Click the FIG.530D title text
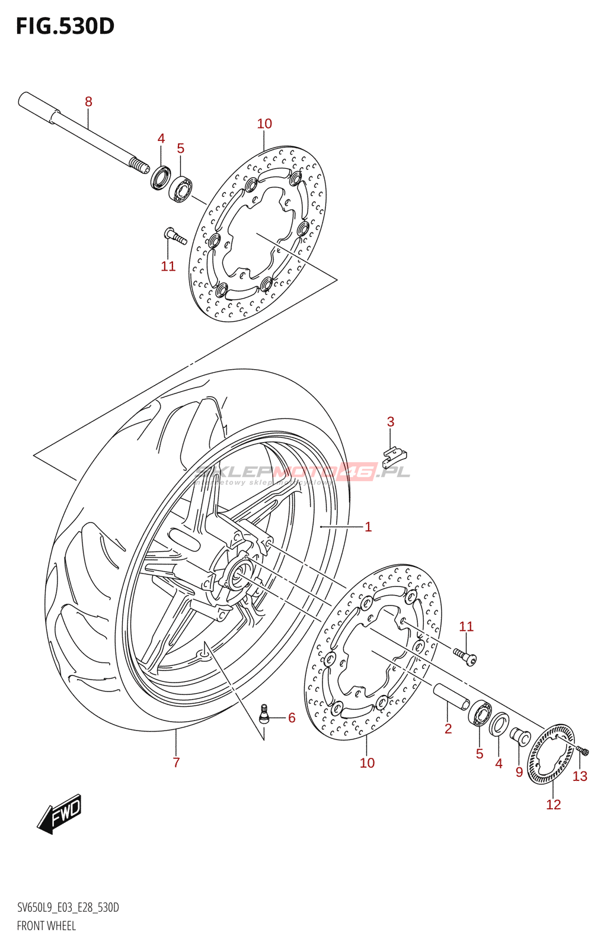point(65,26)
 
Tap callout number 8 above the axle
point(88,101)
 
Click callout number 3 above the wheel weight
point(390,422)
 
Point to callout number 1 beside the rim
point(368,527)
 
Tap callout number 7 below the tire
point(176,763)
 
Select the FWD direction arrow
point(59,814)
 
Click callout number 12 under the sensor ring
point(553,804)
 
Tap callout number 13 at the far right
point(580,776)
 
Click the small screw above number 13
point(582,751)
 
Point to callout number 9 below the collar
point(519,772)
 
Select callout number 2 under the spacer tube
point(448,728)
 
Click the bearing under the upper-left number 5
point(180,189)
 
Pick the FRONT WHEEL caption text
point(46,925)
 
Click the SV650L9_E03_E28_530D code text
point(68,908)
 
